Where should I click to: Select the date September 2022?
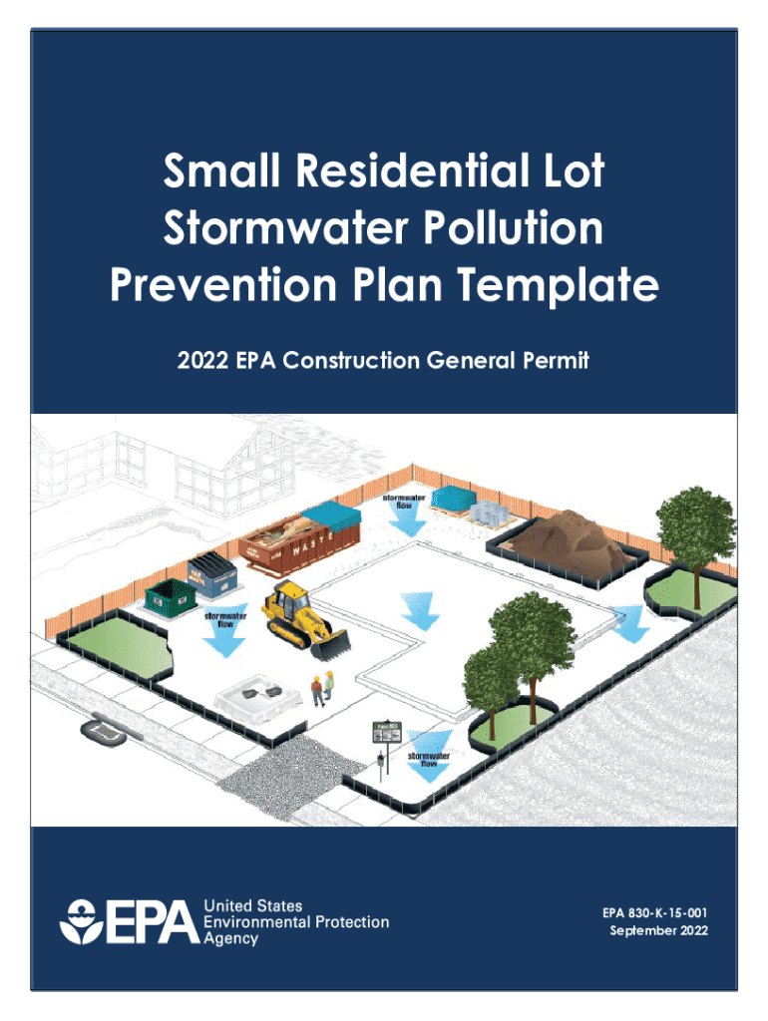pyautogui.click(x=658, y=931)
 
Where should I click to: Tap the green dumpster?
pyautogui.click(x=173, y=597)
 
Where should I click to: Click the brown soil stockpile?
pyautogui.click(x=569, y=539)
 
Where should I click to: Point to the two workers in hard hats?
pyautogui.click(x=319, y=688)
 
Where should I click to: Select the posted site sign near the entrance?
pyautogui.click(x=384, y=733)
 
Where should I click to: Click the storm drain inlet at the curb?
pyautogui.click(x=102, y=733)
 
